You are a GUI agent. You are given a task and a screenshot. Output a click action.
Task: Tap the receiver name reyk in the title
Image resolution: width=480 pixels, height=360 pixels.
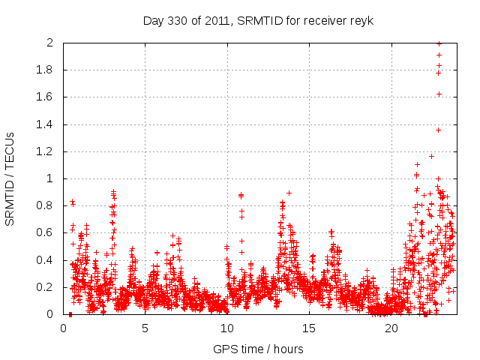tap(361, 20)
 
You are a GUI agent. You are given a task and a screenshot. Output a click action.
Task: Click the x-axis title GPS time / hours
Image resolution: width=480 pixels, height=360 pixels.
tap(258, 349)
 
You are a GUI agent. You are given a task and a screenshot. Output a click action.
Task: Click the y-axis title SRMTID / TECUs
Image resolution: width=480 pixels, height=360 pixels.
tap(10, 178)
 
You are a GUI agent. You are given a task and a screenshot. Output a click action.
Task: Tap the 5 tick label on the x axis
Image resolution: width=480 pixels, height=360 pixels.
tap(145, 328)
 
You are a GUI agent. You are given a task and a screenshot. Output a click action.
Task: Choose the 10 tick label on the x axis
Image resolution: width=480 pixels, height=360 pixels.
tap(226, 328)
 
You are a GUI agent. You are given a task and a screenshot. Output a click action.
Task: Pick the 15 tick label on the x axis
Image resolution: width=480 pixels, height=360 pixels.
tap(309, 328)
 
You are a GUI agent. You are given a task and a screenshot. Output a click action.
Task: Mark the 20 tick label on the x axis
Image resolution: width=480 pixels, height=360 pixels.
tap(391, 328)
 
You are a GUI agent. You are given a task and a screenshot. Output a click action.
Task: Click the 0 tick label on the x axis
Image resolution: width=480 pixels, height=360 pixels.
tap(63, 328)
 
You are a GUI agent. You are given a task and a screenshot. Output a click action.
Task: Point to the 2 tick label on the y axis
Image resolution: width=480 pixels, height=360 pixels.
tap(50, 43)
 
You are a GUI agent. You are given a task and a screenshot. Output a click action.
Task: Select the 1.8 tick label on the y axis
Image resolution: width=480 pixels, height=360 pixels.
tap(46, 70)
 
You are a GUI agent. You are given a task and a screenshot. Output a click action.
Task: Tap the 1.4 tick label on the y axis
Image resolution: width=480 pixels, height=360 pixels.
tap(46, 124)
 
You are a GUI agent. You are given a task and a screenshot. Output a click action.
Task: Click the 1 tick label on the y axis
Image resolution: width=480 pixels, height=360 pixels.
tap(50, 178)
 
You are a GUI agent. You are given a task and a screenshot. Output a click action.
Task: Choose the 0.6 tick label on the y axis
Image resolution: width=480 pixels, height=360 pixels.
tap(46, 233)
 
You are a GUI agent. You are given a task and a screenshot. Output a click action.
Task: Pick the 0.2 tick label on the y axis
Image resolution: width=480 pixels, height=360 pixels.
tap(46, 287)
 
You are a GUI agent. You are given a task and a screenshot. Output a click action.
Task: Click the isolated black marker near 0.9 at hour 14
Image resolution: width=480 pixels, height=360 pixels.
tap(289, 193)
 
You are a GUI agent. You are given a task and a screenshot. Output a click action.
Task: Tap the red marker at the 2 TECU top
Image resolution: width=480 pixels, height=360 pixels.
tap(439, 43)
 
